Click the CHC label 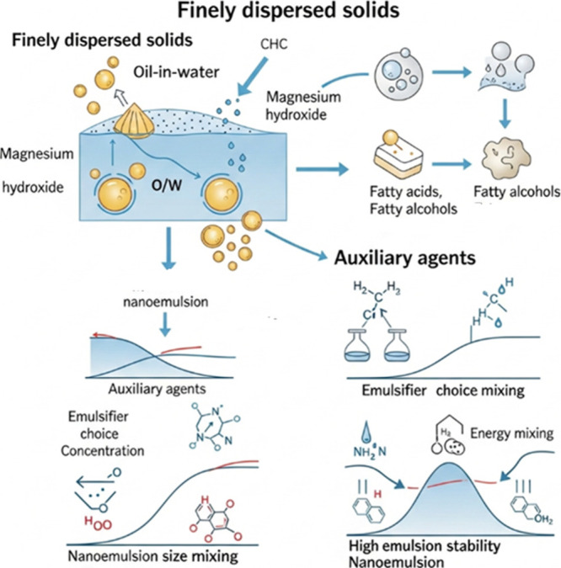point(274,44)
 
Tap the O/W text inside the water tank point(167,185)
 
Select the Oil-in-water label point(176,72)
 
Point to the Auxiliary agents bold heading point(404,258)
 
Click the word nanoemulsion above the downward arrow point(166,302)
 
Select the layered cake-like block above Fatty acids point(398,157)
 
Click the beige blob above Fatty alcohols point(506,158)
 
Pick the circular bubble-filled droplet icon point(398,73)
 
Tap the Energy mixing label point(511,433)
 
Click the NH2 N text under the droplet point(370,452)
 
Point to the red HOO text point(98,523)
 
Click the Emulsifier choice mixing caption point(443,390)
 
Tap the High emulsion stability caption point(425,545)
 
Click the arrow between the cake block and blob point(451,164)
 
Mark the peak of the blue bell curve point(449,464)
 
